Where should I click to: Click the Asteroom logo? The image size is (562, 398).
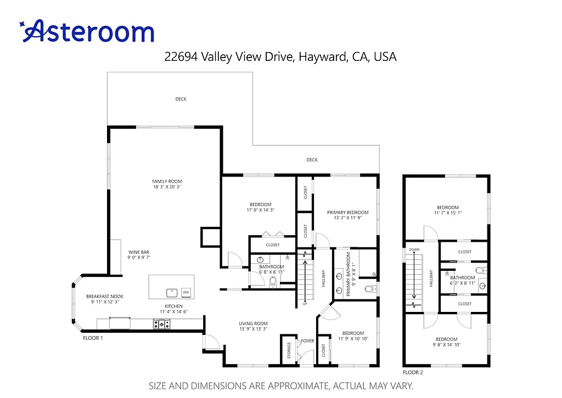click(x=87, y=31)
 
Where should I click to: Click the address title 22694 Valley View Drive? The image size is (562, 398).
click(x=280, y=56)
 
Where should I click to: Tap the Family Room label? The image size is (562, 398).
click(x=167, y=181)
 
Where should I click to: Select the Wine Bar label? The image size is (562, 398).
click(x=139, y=252)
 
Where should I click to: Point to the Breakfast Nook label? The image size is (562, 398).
click(x=105, y=297)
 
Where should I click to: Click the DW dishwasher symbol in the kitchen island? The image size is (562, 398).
click(x=186, y=292)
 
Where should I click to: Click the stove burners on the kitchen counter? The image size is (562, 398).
click(x=161, y=325)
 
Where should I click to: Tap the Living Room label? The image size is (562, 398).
click(x=253, y=323)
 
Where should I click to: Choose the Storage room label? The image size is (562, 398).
click(x=289, y=351)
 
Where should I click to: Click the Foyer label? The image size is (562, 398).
click(x=307, y=341)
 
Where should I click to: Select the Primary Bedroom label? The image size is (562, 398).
click(x=347, y=212)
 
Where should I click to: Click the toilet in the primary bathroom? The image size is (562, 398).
click(x=369, y=289)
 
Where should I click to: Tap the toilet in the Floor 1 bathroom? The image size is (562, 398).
click(x=274, y=282)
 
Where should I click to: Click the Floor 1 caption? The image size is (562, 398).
click(x=93, y=338)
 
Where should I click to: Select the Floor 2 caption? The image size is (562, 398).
click(x=413, y=372)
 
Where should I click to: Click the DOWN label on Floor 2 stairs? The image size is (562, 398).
click(x=414, y=249)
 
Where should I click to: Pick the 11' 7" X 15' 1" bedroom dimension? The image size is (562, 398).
click(x=448, y=213)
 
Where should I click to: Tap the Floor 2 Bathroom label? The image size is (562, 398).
click(x=463, y=278)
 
